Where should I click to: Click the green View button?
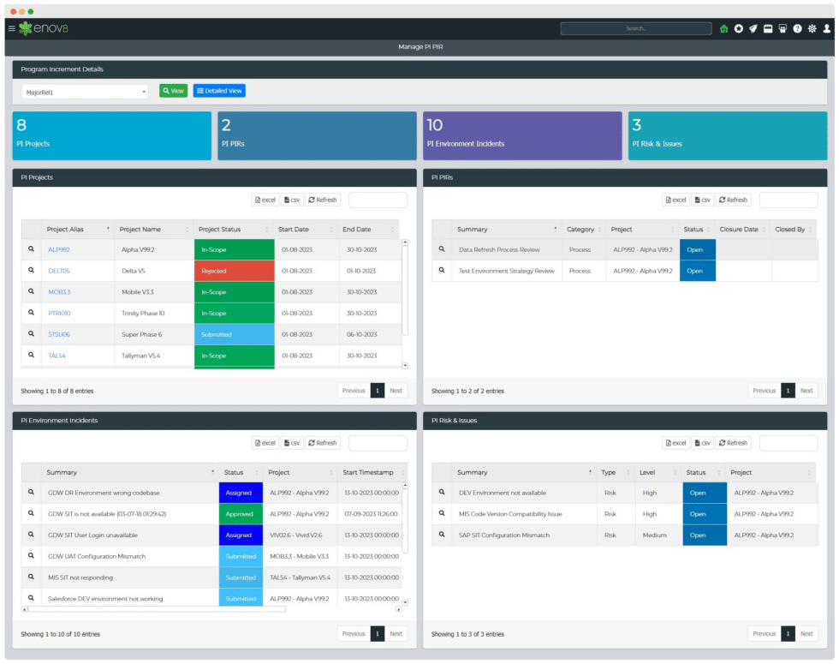(173, 91)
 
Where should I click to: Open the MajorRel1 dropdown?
(85, 92)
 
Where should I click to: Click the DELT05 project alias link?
(59, 271)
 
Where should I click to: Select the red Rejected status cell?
(234, 271)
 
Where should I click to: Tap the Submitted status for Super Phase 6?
(234, 334)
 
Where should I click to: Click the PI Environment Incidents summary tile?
(522, 135)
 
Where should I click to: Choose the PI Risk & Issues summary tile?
(727, 135)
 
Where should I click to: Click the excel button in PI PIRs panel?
(675, 200)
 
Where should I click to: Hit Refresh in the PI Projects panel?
(323, 200)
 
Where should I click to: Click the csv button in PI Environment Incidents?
(292, 443)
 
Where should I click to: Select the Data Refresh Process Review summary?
(499, 249)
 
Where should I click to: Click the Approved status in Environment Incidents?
(241, 514)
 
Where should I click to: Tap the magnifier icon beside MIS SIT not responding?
(32, 577)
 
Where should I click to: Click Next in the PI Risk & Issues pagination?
(806, 634)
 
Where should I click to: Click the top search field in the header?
(635, 28)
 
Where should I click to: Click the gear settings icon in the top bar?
(812, 28)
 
